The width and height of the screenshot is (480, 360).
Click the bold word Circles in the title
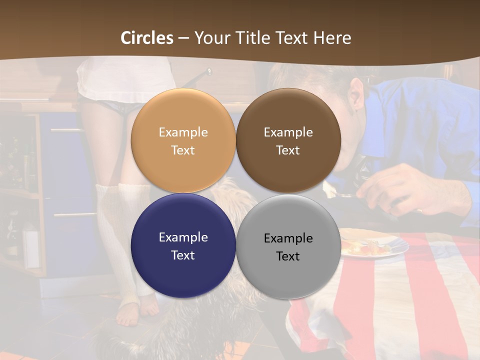(147, 38)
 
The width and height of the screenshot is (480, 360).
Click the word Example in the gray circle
(288, 238)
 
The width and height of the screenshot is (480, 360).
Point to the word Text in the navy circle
(183, 255)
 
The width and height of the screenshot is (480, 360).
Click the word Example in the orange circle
(183, 132)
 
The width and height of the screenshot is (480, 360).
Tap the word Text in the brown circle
(288, 150)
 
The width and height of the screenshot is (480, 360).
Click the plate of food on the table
(372, 243)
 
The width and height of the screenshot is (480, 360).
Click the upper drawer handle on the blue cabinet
(66, 130)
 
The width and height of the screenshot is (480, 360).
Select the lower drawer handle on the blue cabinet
(75, 215)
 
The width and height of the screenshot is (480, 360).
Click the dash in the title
(183, 38)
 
